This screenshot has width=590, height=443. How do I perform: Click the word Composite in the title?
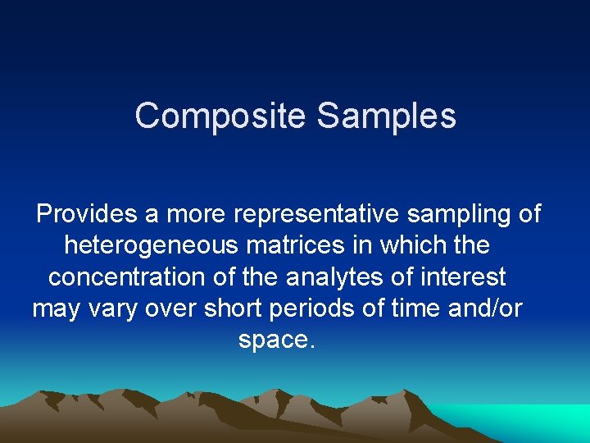click(221, 116)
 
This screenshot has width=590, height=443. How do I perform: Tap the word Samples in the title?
click(386, 116)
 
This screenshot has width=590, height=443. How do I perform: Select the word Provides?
click(88, 214)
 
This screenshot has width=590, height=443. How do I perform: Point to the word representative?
click(318, 214)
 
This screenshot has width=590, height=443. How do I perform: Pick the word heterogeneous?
click(151, 245)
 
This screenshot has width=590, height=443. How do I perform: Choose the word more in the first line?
click(197, 214)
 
